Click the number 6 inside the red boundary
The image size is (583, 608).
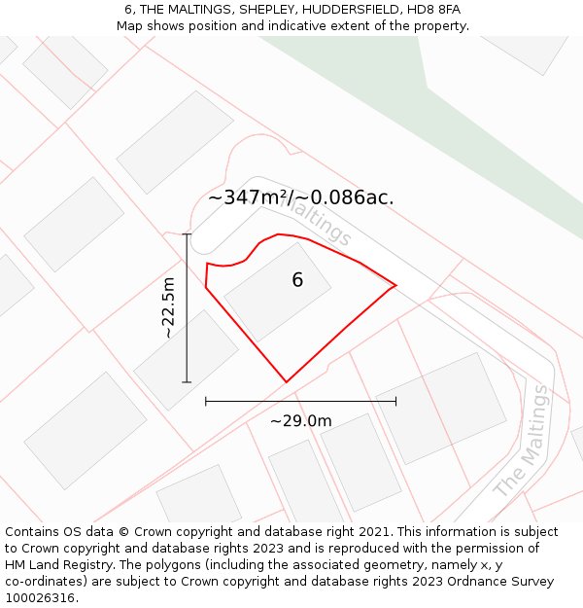297,280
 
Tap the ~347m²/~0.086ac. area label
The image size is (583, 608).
300,197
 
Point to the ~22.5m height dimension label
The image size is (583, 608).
168,307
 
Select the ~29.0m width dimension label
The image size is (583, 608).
300,421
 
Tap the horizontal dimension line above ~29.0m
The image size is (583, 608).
300,401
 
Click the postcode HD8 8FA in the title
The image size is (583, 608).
432,10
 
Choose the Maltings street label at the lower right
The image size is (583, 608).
521,441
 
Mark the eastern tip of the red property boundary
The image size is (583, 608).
395,286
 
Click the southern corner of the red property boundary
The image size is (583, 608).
287,381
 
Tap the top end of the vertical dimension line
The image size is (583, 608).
187,234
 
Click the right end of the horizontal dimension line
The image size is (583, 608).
395,401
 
